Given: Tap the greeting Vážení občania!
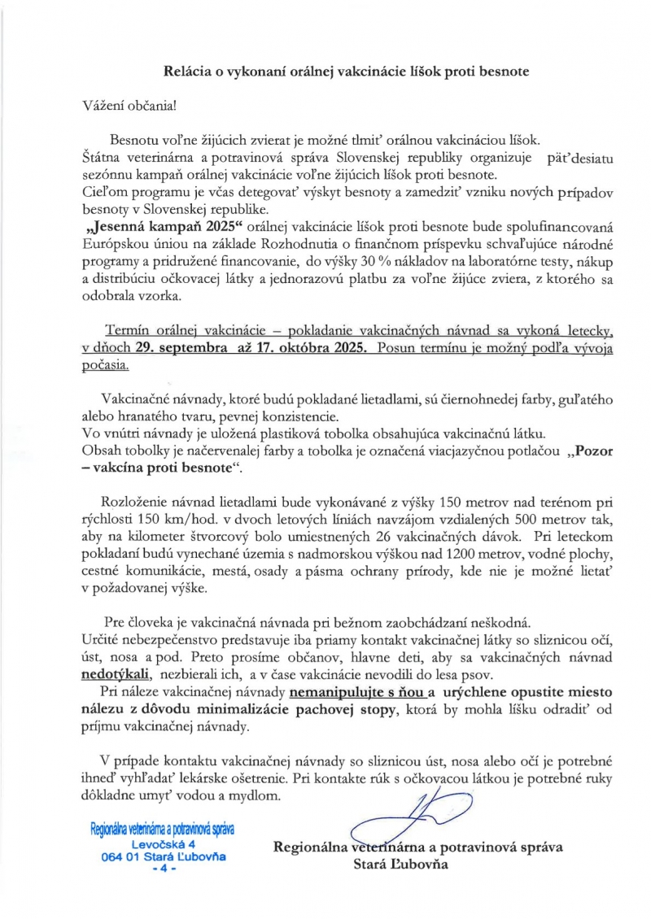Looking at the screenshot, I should point(129,106).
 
